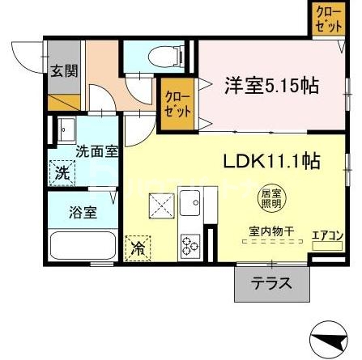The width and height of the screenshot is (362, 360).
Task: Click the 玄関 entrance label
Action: pyautogui.click(x=62, y=70)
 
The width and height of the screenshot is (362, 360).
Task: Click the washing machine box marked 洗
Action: pyautogui.click(x=61, y=172)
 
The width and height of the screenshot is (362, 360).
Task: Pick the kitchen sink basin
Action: pyautogui.click(x=190, y=205)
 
